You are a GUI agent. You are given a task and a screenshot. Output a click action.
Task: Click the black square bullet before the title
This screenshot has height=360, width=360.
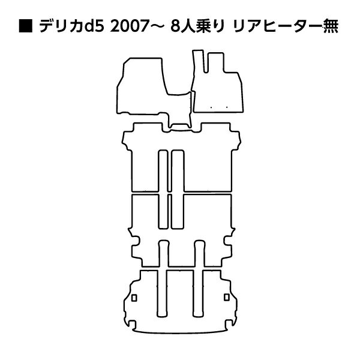tap(26, 26)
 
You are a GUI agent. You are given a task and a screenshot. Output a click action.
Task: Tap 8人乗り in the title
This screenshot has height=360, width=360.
tap(197, 26)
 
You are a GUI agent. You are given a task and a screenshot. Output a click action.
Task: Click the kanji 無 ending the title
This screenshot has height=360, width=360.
tap(331, 26)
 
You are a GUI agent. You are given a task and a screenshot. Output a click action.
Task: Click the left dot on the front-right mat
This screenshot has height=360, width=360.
tap(211, 107)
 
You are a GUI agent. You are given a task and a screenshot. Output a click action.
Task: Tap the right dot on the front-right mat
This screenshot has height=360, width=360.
tap(227, 107)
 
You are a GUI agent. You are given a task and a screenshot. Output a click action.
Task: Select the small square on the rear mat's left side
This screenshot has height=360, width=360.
tap(134, 298)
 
